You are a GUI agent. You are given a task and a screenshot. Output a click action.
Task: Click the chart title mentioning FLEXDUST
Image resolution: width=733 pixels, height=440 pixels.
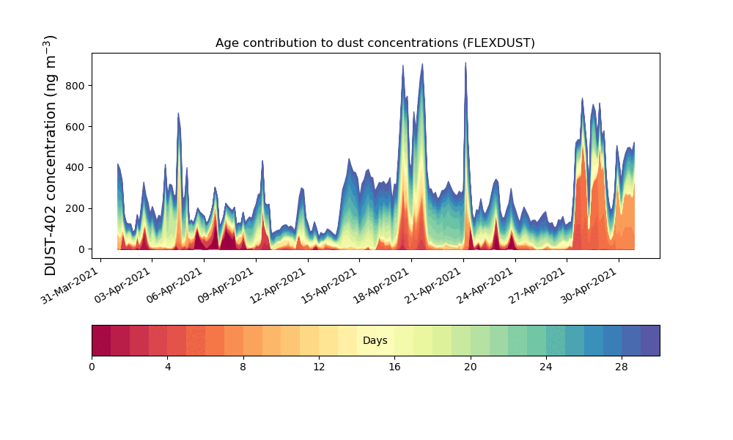(375, 43)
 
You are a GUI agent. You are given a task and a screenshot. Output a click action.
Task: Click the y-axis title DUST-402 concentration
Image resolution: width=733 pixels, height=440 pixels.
(51, 155)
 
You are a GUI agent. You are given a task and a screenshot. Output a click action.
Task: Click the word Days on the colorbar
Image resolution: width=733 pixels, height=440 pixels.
(375, 341)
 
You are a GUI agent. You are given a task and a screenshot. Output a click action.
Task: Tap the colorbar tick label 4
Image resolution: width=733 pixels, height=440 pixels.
(168, 367)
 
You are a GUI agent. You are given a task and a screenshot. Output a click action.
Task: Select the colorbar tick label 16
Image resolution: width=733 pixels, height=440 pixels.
(394, 367)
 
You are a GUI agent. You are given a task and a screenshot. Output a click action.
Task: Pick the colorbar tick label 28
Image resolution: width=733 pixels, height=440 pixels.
(622, 367)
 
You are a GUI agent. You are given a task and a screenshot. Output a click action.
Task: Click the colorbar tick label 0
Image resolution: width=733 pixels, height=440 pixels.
(92, 367)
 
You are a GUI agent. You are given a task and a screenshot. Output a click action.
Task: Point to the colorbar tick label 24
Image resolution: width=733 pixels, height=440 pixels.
(546, 367)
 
